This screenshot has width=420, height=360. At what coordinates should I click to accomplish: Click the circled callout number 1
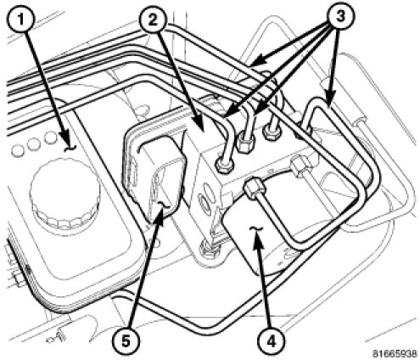tap(20, 20)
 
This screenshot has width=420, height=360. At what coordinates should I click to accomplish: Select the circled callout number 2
tap(153, 20)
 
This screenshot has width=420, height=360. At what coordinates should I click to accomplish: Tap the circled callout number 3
tap(339, 16)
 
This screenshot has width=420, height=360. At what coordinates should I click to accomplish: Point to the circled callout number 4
tap(271, 342)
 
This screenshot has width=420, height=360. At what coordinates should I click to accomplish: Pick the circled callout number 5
tap(126, 341)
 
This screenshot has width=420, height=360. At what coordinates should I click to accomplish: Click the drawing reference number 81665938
tap(395, 353)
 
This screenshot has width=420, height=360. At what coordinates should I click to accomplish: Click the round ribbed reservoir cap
tap(64, 193)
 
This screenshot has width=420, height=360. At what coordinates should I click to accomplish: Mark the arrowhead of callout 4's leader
tap(259, 242)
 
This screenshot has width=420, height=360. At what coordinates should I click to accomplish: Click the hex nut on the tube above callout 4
tap(254, 188)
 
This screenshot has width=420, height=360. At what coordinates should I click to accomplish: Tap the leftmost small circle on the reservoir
tap(18, 151)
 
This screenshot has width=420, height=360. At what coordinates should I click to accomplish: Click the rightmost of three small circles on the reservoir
tap(52, 138)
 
